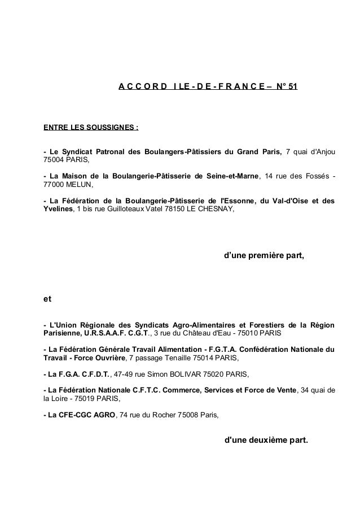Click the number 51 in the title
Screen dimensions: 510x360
pos(292,87)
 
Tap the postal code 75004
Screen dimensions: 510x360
pos(54,160)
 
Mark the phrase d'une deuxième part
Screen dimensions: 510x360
pos(266,439)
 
